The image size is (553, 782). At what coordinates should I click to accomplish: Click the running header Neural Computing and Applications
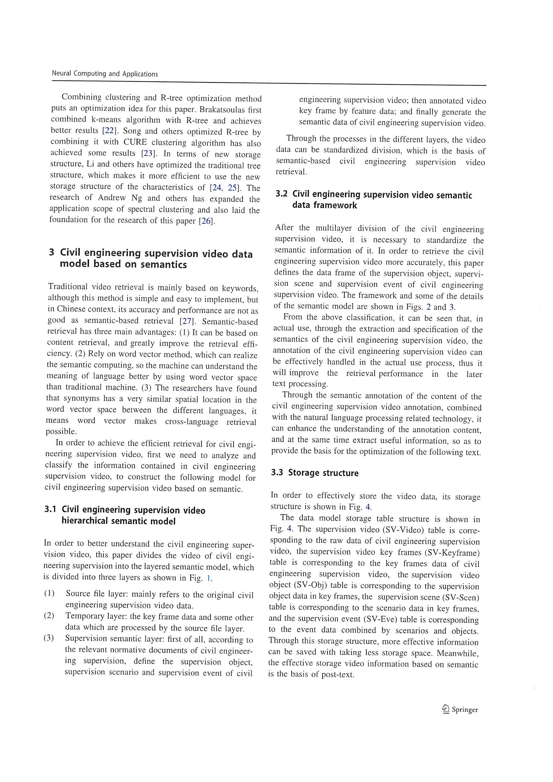[105, 74]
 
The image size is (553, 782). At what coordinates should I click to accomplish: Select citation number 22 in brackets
[109, 131]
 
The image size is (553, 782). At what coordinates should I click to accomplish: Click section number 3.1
[50, 509]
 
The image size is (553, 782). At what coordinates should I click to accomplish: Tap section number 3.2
[281, 194]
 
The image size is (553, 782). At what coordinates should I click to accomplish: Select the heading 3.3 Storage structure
[314, 473]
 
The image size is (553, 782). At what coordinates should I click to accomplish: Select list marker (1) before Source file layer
[49, 593]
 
